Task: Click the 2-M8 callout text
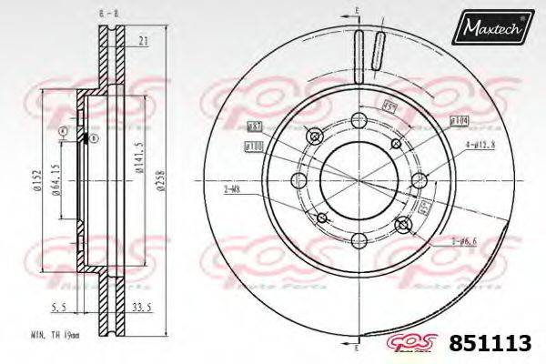coord(232,188)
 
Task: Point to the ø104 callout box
coord(458,119)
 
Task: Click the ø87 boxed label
coord(256,126)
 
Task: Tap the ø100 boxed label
coord(253,146)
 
